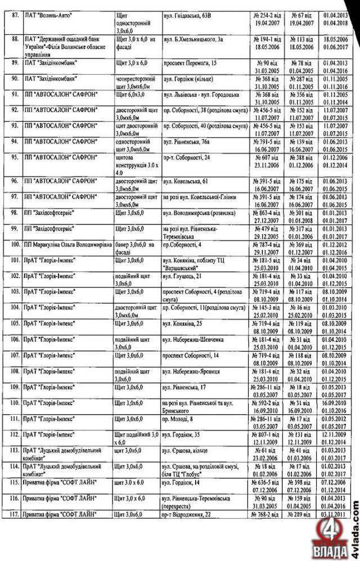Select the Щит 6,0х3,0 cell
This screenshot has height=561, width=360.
pos(129,96)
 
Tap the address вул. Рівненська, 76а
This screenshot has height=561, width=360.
pos(188,144)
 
